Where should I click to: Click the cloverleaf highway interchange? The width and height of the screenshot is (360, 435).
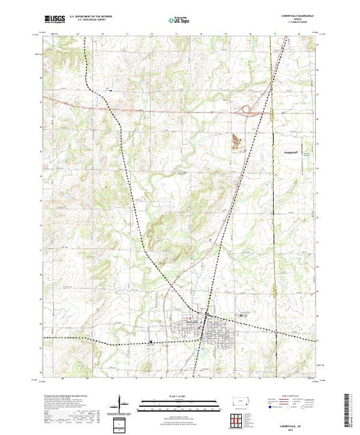pos(246,108)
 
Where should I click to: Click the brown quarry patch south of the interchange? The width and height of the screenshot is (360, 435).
pos(238,141)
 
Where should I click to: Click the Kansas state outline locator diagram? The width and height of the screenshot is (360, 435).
pos(238,400)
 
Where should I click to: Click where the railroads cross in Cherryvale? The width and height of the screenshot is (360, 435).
pos(202,329)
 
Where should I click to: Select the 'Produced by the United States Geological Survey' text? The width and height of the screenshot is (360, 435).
pos(69,397)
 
